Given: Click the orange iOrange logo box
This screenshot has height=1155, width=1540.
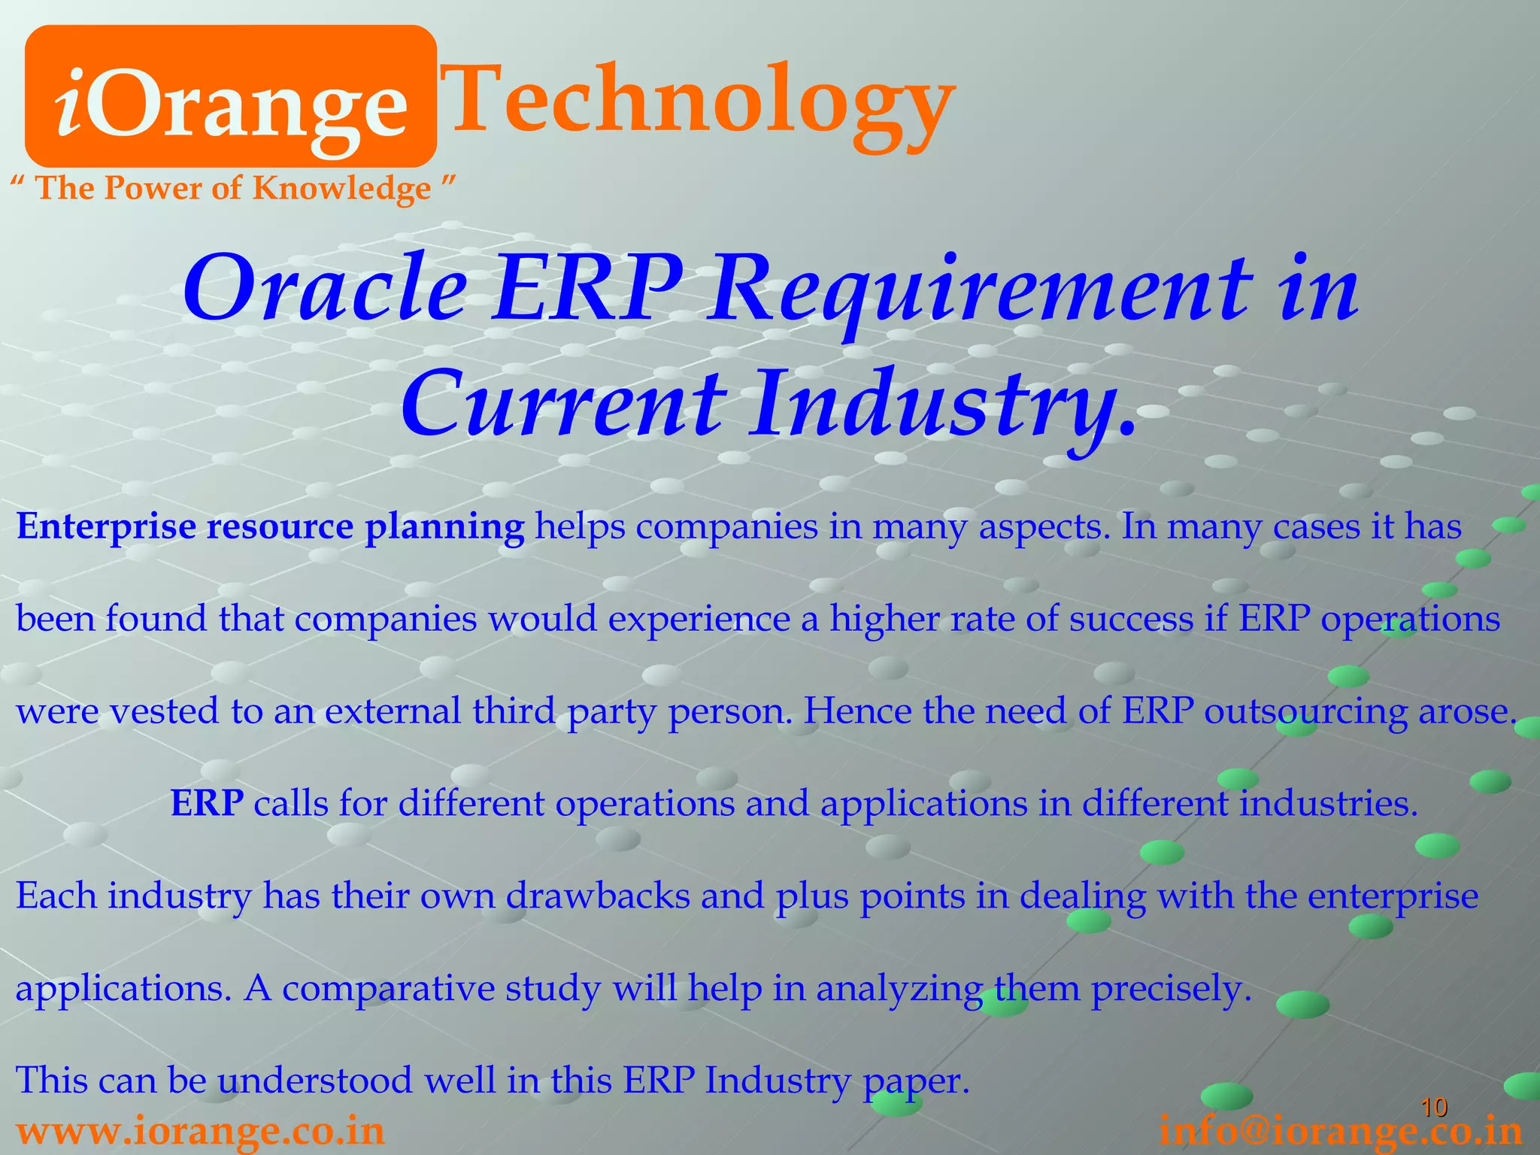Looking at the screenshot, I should coord(230,96).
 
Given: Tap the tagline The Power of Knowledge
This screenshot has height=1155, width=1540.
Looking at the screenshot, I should coord(234,188).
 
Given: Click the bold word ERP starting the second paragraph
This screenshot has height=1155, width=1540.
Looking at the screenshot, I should coord(207,804).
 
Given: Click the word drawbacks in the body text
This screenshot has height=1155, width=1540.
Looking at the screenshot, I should coord(598,896).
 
